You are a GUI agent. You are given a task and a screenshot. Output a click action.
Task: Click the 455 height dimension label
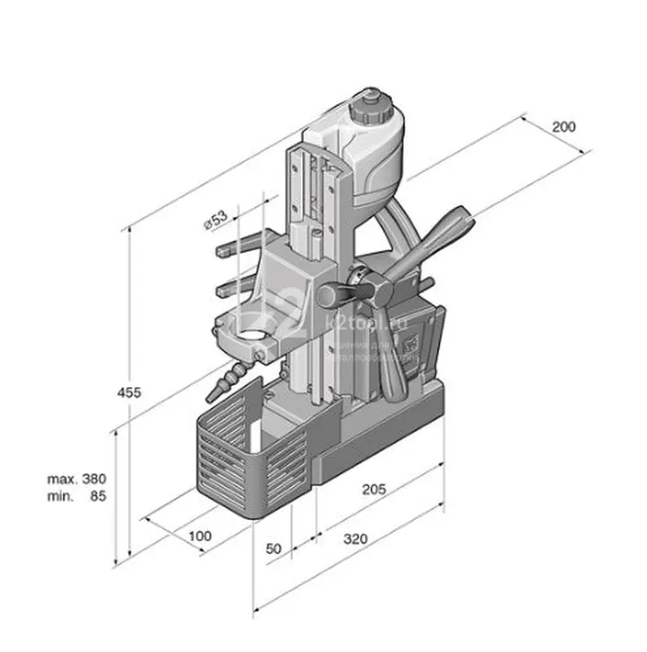tap(129, 392)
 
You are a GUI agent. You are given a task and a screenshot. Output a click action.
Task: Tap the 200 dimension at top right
tap(564, 126)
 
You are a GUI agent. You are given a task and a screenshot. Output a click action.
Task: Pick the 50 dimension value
tap(273, 548)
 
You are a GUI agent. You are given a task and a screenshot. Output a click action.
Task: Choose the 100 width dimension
tap(199, 535)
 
